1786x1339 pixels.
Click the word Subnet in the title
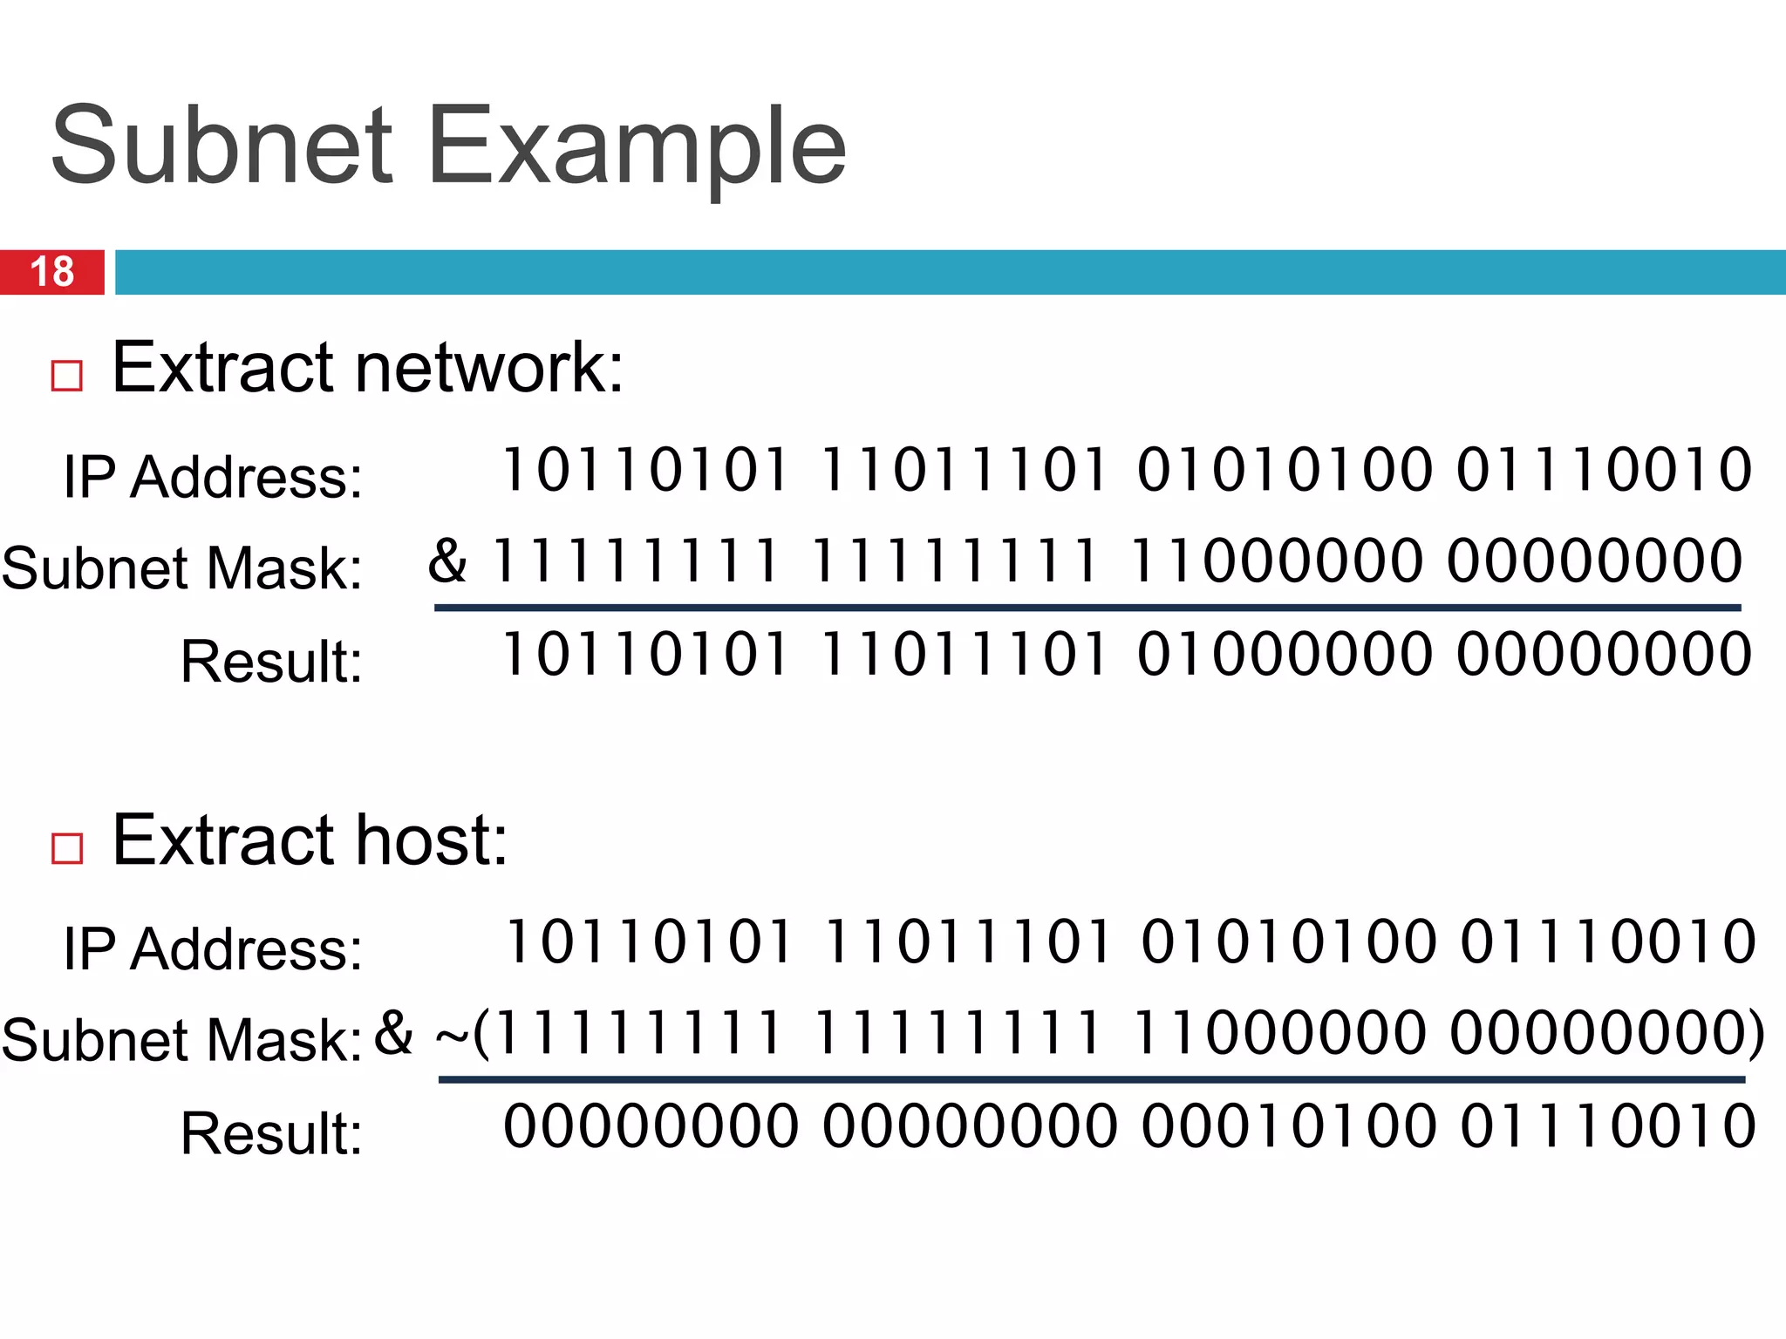(x=222, y=146)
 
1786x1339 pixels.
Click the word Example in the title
(x=637, y=146)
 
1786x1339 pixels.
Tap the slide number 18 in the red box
(x=52, y=272)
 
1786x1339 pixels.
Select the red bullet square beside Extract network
(x=67, y=376)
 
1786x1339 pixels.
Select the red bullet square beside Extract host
(x=67, y=847)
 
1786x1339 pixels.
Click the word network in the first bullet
(x=489, y=368)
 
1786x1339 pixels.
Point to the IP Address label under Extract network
(x=213, y=477)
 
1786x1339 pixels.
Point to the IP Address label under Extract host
(x=213, y=948)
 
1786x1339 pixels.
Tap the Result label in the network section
(x=271, y=661)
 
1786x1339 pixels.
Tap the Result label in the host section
(x=271, y=1132)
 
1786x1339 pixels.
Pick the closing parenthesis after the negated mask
(x=1754, y=1034)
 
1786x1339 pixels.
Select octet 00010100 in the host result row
(x=1289, y=1125)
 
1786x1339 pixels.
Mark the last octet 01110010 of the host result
(x=1608, y=1125)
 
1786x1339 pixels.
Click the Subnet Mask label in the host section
(x=182, y=1040)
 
